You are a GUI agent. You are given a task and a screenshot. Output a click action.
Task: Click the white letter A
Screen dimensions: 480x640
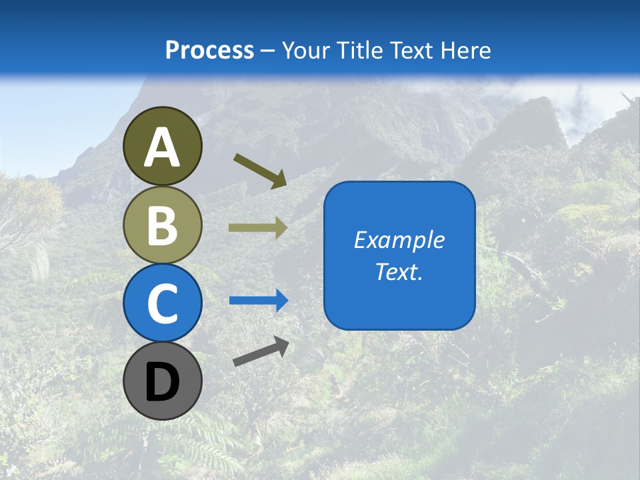(162, 148)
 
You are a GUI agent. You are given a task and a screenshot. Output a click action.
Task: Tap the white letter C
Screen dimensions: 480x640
(162, 303)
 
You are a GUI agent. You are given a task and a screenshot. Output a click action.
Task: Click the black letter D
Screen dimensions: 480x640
(162, 382)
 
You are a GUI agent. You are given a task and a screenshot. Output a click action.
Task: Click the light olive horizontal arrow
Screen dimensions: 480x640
(258, 228)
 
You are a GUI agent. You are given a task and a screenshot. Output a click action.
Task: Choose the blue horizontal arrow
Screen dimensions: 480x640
(259, 301)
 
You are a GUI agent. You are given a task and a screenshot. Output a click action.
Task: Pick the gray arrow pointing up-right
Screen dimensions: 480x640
(261, 352)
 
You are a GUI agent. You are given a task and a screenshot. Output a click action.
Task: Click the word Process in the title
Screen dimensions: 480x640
(209, 50)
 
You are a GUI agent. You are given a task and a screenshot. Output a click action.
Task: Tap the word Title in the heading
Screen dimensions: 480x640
(360, 50)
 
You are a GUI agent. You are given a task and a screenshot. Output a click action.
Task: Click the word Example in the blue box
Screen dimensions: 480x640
(399, 240)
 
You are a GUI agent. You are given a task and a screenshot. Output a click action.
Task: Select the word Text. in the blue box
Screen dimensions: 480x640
(399, 272)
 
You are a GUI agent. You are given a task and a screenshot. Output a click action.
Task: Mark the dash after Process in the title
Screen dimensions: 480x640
(267, 51)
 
